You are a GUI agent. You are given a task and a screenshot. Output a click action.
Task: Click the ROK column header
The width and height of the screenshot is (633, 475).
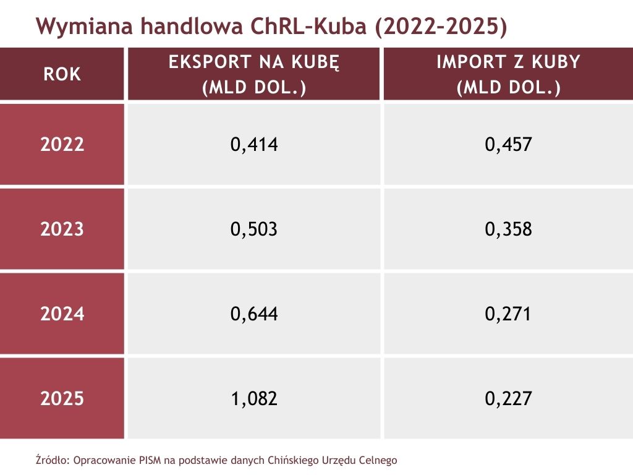(x=62, y=74)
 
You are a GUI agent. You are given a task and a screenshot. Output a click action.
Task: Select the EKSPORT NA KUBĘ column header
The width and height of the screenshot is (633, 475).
(x=254, y=74)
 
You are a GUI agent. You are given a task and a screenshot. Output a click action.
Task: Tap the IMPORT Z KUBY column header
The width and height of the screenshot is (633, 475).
(x=508, y=74)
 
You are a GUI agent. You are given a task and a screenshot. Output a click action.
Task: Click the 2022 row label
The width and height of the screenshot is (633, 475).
(x=62, y=145)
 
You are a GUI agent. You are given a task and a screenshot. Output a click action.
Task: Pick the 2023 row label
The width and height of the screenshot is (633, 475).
(x=62, y=229)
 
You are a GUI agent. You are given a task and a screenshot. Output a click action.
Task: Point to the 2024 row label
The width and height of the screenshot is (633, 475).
(x=62, y=314)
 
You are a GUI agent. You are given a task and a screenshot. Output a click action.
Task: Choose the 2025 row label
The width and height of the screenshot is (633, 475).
(x=62, y=399)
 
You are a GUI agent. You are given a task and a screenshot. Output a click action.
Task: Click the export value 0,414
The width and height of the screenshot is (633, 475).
(x=254, y=145)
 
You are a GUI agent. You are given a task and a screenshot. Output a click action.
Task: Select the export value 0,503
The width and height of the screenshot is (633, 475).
(x=254, y=229)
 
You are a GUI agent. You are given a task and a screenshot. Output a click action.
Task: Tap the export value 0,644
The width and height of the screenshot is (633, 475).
(x=254, y=314)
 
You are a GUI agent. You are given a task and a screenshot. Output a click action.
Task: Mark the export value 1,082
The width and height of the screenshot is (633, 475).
(x=254, y=399)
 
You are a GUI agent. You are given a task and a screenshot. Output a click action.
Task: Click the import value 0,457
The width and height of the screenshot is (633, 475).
(x=508, y=145)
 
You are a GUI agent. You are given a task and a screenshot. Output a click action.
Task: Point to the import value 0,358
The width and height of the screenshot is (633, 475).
(x=508, y=229)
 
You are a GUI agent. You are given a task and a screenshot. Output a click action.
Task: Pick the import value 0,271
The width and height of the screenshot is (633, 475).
(x=508, y=314)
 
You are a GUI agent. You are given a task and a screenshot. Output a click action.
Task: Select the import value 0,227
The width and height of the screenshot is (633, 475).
(x=508, y=399)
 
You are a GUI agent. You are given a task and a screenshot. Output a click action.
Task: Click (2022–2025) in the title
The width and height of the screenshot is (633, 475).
(x=441, y=27)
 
